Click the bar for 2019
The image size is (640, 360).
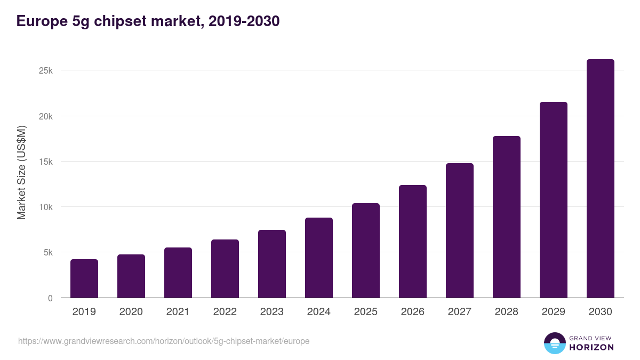click(84, 278)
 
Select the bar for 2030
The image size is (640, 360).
click(601, 179)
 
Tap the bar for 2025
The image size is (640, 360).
click(366, 251)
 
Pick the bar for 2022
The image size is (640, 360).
click(225, 269)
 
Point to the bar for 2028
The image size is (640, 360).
click(507, 217)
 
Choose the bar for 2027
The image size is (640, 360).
click(460, 230)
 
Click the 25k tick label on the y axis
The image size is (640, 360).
click(45, 71)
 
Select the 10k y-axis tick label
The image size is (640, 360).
click(45, 207)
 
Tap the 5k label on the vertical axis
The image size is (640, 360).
click(47, 252)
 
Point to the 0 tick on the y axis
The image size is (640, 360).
click(50, 298)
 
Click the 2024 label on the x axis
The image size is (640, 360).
click(319, 312)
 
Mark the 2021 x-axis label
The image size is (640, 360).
click(178, 312)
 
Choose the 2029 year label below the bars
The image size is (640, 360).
click(554, 312)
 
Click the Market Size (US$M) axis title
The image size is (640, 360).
click(21, 172)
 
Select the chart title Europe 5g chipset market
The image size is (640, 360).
click(148, 21)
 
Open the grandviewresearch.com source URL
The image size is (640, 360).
click(164, 341)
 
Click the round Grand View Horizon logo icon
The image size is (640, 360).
click(555, 343)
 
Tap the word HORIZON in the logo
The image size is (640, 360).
click(591, 347)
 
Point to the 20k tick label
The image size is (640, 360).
click(45, 116)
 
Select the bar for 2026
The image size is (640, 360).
click(413, 242)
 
